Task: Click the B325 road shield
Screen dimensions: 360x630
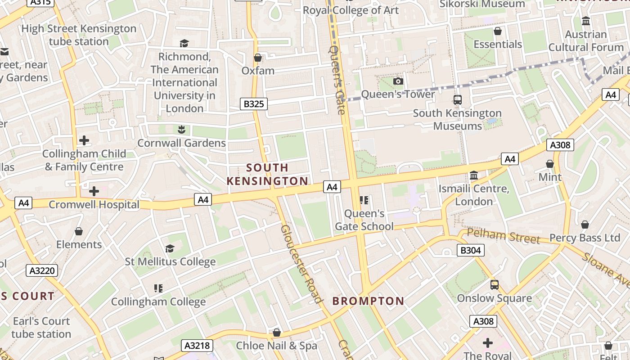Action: pyautogui.click(x=253, y=104)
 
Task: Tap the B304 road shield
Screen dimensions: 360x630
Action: pyautogui.click(x=471, y=250)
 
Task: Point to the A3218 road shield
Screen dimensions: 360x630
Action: pyautogui.click(x=197, y=346)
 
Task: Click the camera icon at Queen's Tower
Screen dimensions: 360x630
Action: pyautogui.click(x=398, y=81)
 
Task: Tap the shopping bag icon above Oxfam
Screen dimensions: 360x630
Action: pyautogui.click(x=258, y=58)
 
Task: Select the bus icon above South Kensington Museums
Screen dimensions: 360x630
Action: pyautogui.click(x=458, y=100)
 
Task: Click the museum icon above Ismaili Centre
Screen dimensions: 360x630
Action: pyautogui.click(x=474, y=175)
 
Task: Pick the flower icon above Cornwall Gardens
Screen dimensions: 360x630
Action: pyautogui.click(x=181, y=130)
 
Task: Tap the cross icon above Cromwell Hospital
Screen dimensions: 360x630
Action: pyautogui.click(x=94, y=191)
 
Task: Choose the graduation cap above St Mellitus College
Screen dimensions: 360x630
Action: pyautogui.click(x=170, y=248)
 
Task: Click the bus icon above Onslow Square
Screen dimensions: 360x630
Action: pyautogui.click(x=495, y=285)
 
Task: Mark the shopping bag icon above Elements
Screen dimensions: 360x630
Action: pyautogui.click(x=79, y=231)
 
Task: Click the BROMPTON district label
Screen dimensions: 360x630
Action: pyautogui.click(x=368, y=301)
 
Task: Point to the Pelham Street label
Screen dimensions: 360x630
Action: pyautogui.click(x=503, y=236)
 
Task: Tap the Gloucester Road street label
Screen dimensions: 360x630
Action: pyautogui.click(x=301, y=264)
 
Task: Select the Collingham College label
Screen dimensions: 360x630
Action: pyautogui.click(x=158, y=301)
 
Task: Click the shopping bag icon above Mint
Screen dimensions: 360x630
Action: pyautogui.click(x=550, y=164)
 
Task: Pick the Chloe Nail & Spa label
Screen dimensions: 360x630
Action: pyautogui.click(x=276, y=346)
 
